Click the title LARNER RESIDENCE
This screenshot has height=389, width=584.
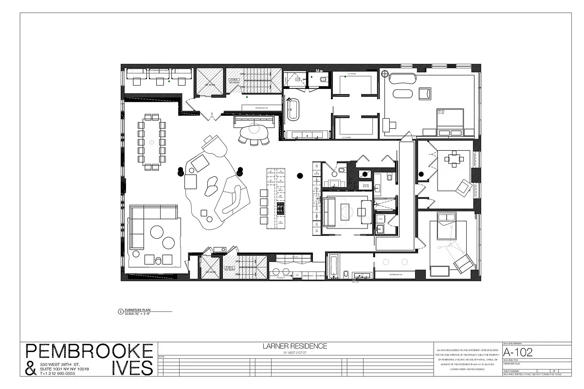pos(295,346)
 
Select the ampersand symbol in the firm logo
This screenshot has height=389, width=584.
pos(30,369)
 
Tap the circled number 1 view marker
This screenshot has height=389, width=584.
pos(121,312)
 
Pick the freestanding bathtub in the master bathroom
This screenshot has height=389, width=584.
pos(293,109)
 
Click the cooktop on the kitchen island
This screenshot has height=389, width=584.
pos(280,209)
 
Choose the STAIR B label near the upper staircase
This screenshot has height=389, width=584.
pos(234,80)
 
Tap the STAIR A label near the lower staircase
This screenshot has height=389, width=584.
pos(229,268)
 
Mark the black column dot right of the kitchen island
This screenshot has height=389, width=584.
pos(300,175)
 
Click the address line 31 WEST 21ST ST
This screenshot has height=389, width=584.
pos(295,352)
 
